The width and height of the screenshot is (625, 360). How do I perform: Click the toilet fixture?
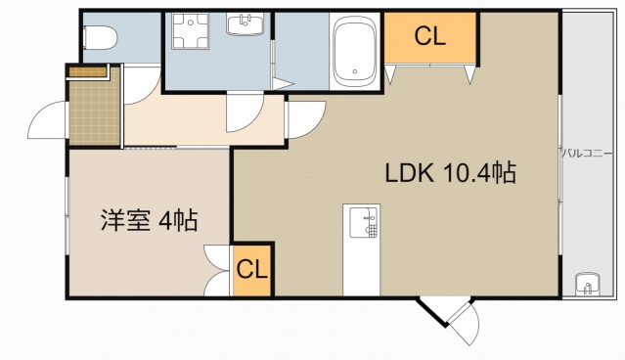tap(100, 38)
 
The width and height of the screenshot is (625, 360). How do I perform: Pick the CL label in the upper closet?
tap(429, 37)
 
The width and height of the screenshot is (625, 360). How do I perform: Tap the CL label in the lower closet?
tap(252, 269)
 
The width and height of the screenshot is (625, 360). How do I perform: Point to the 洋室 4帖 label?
tap(149, 220)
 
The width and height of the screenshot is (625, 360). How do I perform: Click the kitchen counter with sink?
tap(362, 249)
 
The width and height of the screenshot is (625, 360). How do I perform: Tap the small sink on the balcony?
tap(587, 285)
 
